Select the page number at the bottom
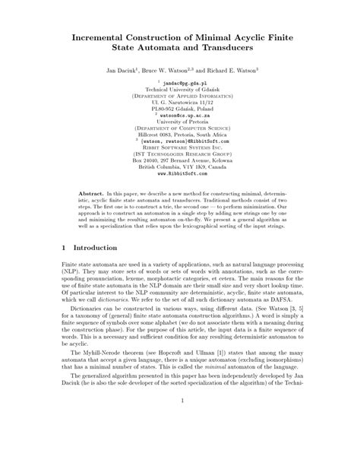[x=180, y=443]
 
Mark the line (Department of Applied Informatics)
[x=180, y=97]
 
